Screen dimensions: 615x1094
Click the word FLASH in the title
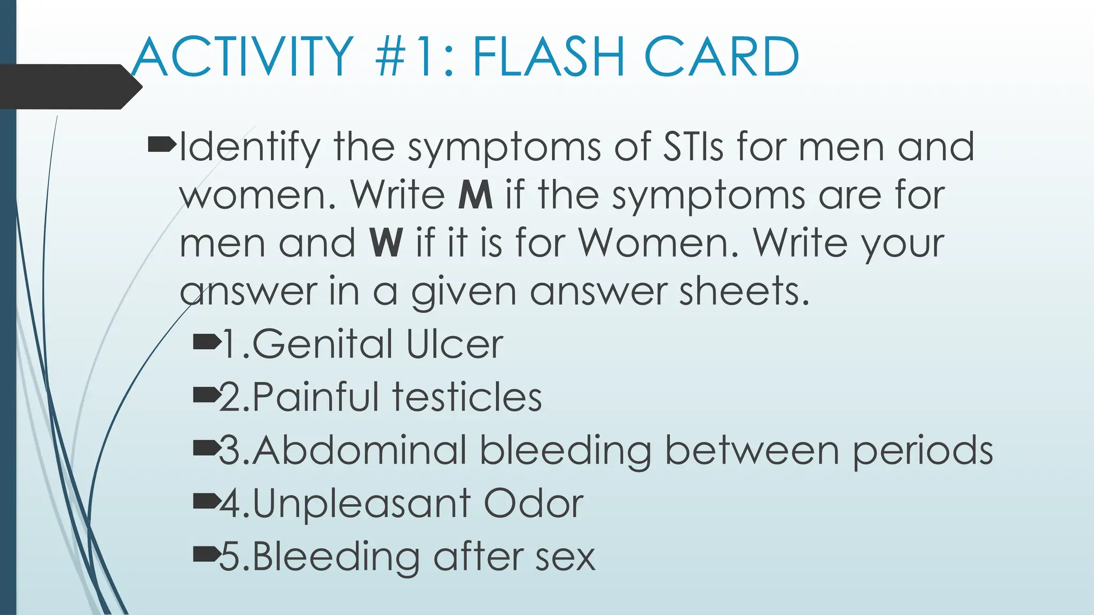click(549, 57)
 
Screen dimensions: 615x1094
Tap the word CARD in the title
click(722, 57)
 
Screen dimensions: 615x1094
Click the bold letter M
click(475, 195)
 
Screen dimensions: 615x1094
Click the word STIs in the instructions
click(693, 147)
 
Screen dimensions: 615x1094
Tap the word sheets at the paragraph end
click(744, 291)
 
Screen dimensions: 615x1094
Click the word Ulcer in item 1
click(454, 344)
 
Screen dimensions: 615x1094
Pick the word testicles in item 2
click(467, 397)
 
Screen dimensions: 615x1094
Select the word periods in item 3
click(923, 452)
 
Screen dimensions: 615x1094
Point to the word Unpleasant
click(362, 504)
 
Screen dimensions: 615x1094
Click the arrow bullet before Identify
click(161, 144)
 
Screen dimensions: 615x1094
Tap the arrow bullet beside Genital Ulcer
click(207, 342)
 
